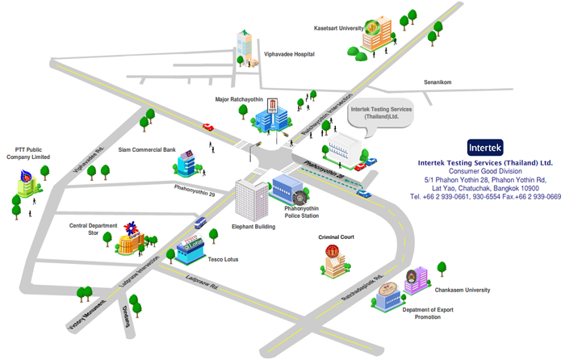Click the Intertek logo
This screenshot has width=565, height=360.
pos(485,148)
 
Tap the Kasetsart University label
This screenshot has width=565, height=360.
pos(338,27)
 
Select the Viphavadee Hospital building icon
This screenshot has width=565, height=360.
pos(244,45)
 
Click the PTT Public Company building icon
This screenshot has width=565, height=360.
pos(28,186)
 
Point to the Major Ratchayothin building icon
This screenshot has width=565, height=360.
pos(270,115)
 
